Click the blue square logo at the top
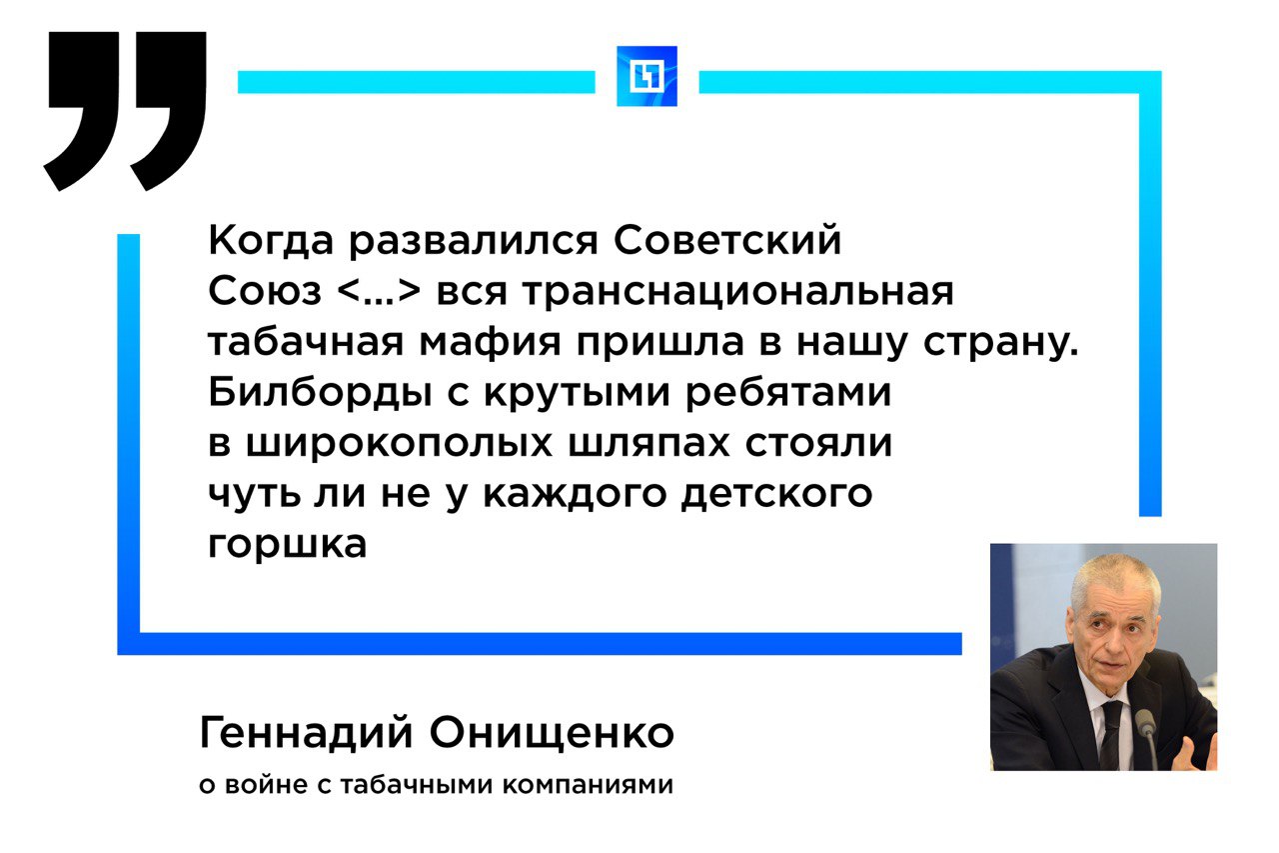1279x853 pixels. [x=646, y=76]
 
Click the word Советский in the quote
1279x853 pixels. [x=726, y=240]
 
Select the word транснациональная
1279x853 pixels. [x=737, y=291]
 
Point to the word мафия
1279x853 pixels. [x=490, y=342]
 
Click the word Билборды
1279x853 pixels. [x=321, y=393]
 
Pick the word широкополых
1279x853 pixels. [x=399, y=443]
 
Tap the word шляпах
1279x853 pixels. [x=649, y=443]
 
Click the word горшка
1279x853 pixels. [x=287, y=543]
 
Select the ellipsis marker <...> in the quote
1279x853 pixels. [x=379, y=292]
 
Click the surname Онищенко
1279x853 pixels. [x=552, y=733]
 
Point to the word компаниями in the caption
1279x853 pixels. [x=588, y=786]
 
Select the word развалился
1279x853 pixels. [x=474, y=240]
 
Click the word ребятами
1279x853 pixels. [x=788, y=393]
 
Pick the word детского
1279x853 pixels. [x=776, y=494]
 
